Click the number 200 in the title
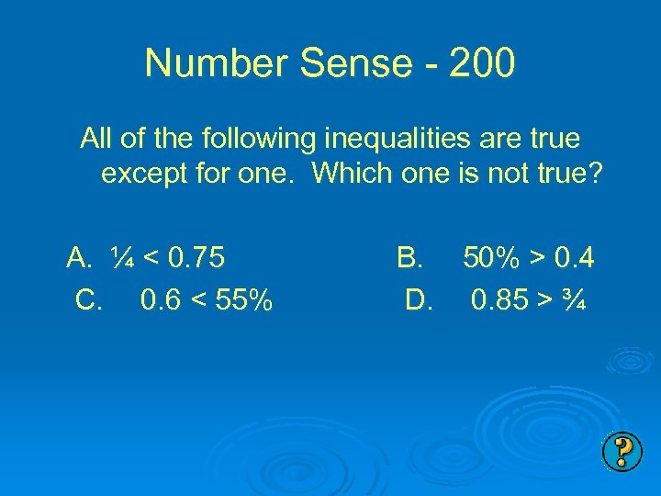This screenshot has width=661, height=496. point(484,63)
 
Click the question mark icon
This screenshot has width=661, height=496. point(622,453)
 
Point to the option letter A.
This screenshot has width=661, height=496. point(78,259)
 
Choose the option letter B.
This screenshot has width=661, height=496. point(408,259)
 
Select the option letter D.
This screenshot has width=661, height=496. point(418,299)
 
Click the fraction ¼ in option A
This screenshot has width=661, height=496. point(122,259)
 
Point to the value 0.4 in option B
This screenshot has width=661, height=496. point(575,259)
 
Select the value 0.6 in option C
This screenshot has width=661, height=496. point(162,299)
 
